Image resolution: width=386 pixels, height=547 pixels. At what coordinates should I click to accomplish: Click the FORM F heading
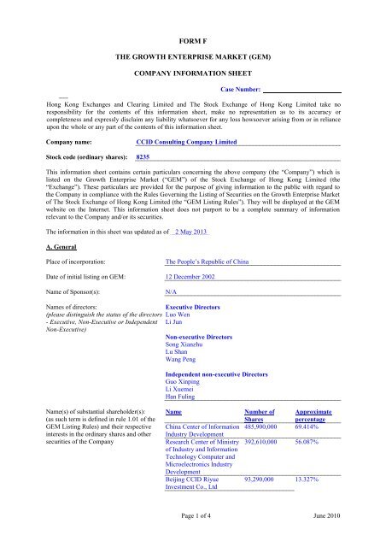click(192, 39)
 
